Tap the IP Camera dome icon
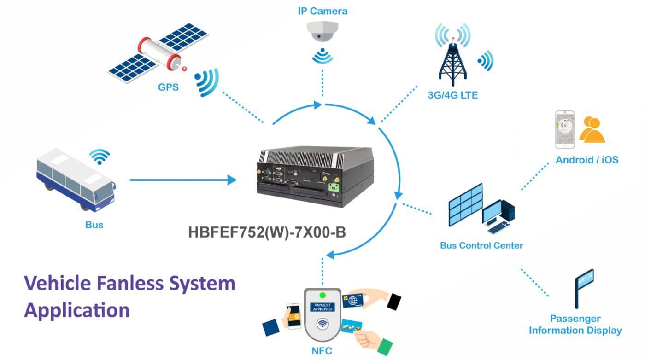click(322, 32)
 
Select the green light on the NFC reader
click(322, 295)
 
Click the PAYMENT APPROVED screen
click(322, 308)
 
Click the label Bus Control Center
click(481, 245)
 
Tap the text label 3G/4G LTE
click(452, 96)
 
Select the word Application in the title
click(77, 310)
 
